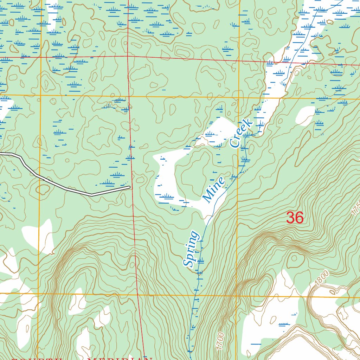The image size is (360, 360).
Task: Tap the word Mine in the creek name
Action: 214,190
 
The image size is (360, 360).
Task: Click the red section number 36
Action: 295,218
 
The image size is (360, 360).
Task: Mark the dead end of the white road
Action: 130,187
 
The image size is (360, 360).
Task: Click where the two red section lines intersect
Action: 128,56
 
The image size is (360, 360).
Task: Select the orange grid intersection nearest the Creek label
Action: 239,97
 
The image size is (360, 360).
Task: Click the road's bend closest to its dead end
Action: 91,194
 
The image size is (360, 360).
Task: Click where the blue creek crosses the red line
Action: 289,63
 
